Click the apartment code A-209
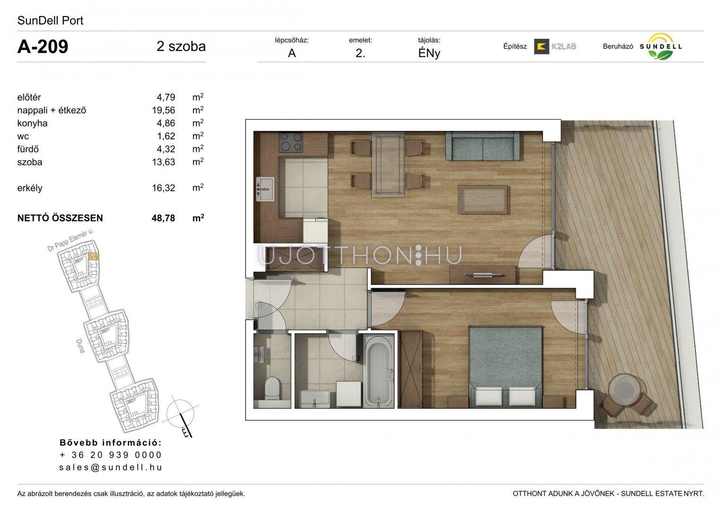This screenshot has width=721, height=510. point(43,47)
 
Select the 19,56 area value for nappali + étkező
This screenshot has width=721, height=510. point(163,110)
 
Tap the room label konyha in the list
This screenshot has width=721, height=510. point(33,123)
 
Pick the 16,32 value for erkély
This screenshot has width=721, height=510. point(163,188)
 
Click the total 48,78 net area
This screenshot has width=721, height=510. point(163,218)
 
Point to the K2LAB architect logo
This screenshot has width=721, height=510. point(555,46)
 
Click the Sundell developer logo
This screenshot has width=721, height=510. point(661,47)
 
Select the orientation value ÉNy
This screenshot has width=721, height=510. point(429,53)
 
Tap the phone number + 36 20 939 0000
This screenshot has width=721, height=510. point(110,455)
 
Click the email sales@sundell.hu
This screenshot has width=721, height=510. point(110,467)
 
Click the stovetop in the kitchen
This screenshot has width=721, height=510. point(291,142)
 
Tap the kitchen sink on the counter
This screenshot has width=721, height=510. point(265,189)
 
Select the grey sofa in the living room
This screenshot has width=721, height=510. point(483,146)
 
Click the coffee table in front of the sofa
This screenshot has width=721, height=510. point(483,200)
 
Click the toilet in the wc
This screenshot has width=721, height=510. point(272,388)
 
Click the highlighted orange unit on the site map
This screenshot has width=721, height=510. point(93,256)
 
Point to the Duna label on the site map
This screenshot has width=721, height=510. point(80,346)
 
